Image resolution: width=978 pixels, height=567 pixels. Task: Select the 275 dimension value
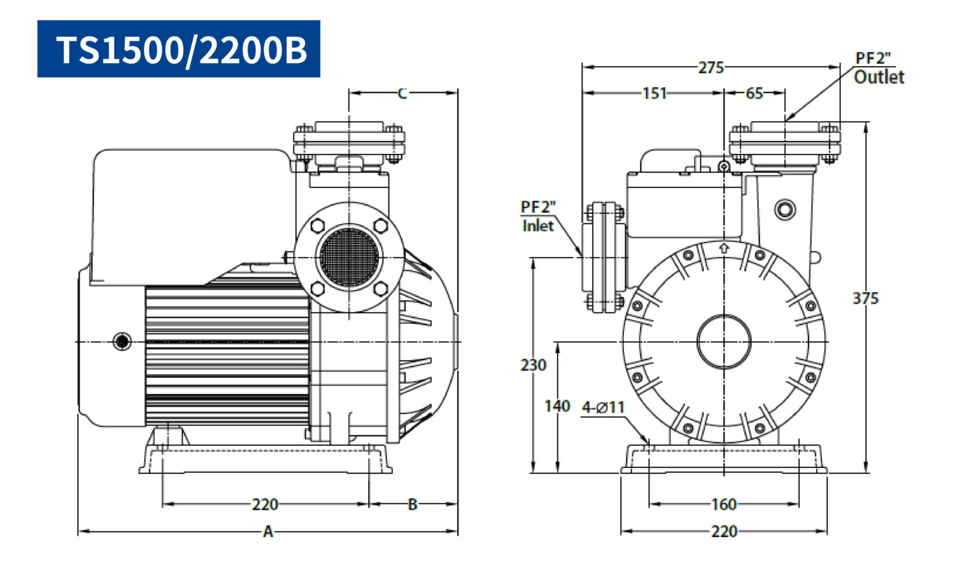711,67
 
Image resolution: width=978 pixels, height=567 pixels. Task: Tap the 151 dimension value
655,94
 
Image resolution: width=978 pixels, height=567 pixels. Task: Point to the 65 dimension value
754,94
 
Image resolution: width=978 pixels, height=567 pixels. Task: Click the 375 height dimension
865,298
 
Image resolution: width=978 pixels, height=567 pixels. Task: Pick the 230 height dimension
533,365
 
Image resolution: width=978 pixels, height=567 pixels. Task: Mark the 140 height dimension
557,407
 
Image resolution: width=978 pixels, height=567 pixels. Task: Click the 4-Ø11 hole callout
604,408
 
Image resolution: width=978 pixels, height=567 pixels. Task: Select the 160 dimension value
724,505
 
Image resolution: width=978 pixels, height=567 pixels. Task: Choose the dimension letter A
268,531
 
